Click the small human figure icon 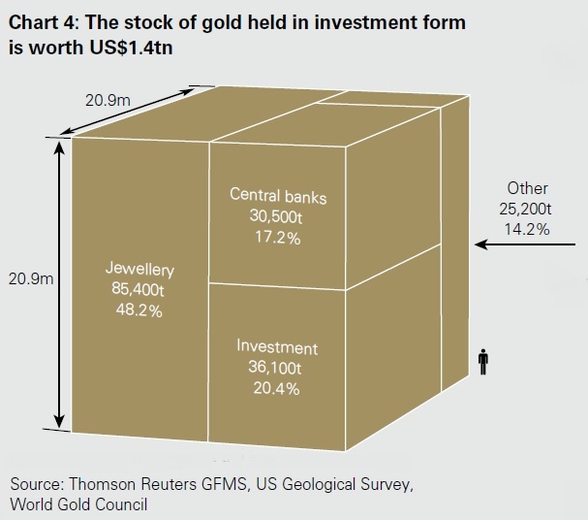tap(482, 361)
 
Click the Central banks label tap(278, 197)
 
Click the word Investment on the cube tap(278, 347)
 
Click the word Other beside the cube tap(527, 188)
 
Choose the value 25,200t tap(527, 209)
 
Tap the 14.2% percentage tap(527, 229)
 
